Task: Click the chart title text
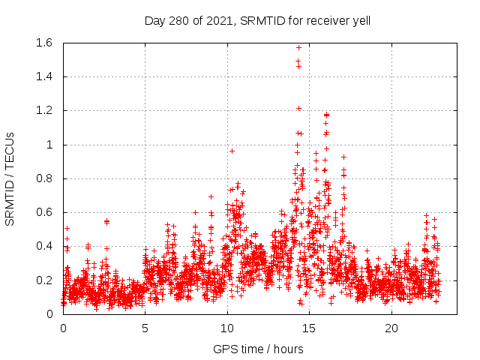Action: click(x=257, y=20)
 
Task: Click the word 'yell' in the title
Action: click(x=361, y=20)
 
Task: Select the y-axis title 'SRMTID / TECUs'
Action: click(x=10, y=178)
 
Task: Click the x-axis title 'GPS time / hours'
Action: click(x=258, y=349)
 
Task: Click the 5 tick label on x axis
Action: click(x=145, y=328)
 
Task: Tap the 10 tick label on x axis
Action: click(x=227, y=328)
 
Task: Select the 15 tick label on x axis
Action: click(x=310, y=328)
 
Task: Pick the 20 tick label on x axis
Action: click(x=391, y=328)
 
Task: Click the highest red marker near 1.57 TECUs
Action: click(x=298, y=48)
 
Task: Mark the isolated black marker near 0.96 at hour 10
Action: click(x=232, y=151)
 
